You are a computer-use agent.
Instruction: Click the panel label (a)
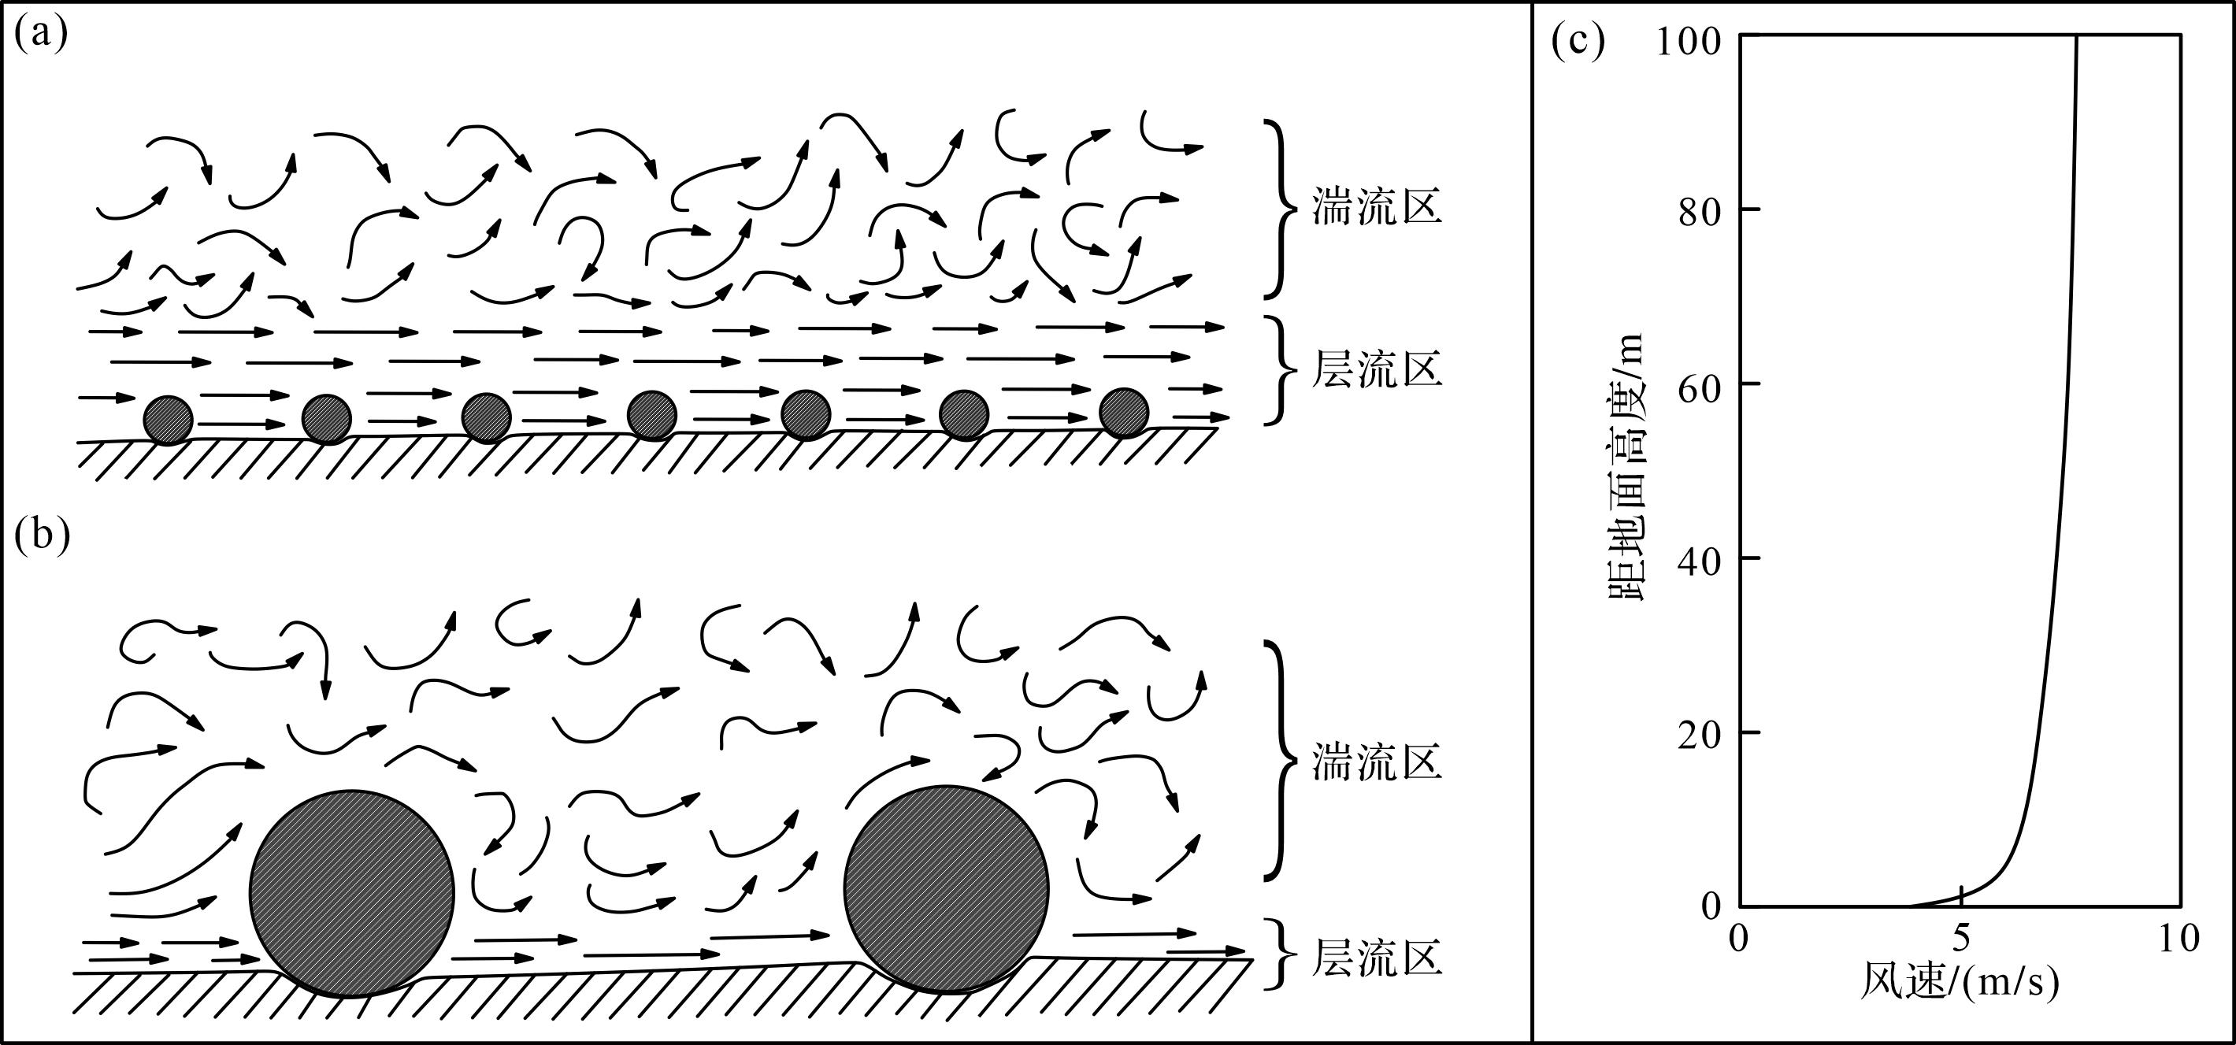click(x=41, y=36)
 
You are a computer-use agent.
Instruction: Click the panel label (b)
click(x=42, y=536)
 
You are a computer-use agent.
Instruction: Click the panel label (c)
click(x=1578, y=42)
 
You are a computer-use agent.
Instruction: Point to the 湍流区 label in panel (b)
click(x=1377, y=762)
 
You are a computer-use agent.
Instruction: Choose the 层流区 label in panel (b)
click(x=1377, y=958)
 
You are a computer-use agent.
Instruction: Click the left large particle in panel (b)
click(x=351, y=893)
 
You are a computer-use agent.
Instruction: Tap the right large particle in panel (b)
click(x=946, y=889)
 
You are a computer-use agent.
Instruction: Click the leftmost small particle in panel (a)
click(x=169, y=420)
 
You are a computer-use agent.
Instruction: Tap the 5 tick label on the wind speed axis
click(x=1961, y=938)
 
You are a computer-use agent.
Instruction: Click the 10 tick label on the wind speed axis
click(x=2179, y=938)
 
